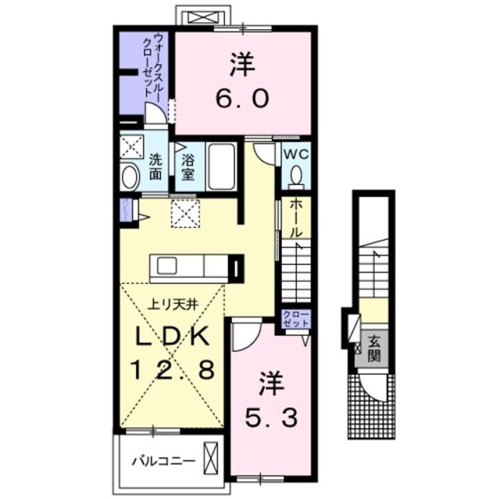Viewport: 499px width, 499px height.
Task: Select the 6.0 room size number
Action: (242, 98)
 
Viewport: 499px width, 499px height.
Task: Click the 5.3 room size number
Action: (272, 418)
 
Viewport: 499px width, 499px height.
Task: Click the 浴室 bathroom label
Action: (188, 166)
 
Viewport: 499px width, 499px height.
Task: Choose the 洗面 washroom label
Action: (157, 166)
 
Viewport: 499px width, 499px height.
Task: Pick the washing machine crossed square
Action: (131, 147)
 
